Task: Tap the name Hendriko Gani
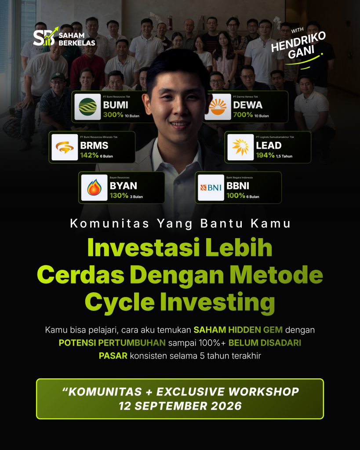coord(299,45)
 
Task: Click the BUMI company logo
coord(87,107)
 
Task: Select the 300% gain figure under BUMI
coord(113,115)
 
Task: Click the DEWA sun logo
coord(218,107)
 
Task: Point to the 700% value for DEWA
coord(243,115)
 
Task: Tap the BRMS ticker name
coord(94,145)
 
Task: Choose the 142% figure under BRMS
coord(89,155)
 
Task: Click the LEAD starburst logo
coord(240,147)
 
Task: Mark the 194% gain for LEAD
coord(265,155)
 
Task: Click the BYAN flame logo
coord(94,188)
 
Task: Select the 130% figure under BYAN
coord(119,196)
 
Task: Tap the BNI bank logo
coord(211,188)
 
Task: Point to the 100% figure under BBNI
coord(236,196)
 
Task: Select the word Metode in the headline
coord(276,275)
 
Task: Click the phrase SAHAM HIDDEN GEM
coord(238,330)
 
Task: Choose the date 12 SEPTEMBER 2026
coord(180,406)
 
